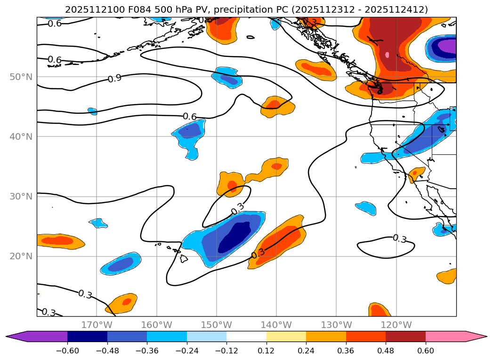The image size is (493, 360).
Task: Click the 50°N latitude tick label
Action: pyautogui.click(x=21, y=77)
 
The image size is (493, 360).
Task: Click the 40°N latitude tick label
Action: pyautogui.click(x=21, y=136)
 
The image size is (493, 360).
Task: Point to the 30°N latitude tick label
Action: pyautogui.click(x=21, y=196)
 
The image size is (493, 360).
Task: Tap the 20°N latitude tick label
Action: pyautogui.click(x=21, y=256)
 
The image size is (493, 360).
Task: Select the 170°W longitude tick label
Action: pyautogui.click(x=97, y=325)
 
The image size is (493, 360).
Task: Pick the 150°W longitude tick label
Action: pyautogui.click(x=217, y=325)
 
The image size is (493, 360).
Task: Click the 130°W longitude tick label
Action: pyautogui.click(x=336, y=325)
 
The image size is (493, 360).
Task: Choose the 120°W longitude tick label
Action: pyautogui.click(x=396, y=325)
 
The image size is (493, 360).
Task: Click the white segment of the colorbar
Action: pyautogui.click(x=246, y=336)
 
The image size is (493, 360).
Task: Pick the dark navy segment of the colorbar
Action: pyautogui.click(x=87, y=336)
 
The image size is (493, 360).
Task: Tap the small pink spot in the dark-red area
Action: pyautogui.click(x=387, y=55)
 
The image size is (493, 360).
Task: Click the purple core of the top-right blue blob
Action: pyautogui.click(x=445, y=47)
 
